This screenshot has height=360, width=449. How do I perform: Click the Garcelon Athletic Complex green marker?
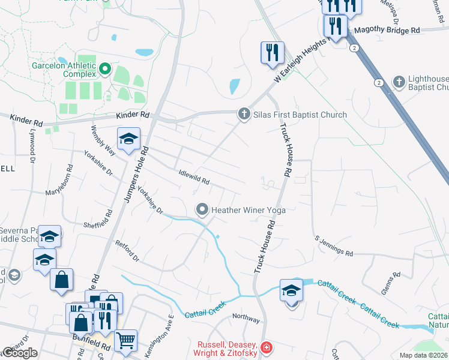coord(105,70)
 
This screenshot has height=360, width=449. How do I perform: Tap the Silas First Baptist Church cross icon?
coord(244,114)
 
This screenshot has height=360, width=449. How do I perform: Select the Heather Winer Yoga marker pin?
coord(202,209)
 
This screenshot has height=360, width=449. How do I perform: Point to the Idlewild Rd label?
coord(193,177)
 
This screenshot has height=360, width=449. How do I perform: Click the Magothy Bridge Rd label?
coord(387,30)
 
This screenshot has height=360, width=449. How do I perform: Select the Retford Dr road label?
coord(127,251)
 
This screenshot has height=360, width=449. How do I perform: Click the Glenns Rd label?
coord(390,283)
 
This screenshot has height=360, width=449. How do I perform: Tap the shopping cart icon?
coord(125,340)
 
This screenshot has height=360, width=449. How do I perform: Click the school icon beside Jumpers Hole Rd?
coord(128,139)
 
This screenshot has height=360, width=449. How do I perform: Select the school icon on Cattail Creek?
coord(291,290)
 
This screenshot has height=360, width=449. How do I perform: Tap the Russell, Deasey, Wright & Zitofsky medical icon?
coord(266,347)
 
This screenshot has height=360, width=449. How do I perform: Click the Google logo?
coord(19,353)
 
